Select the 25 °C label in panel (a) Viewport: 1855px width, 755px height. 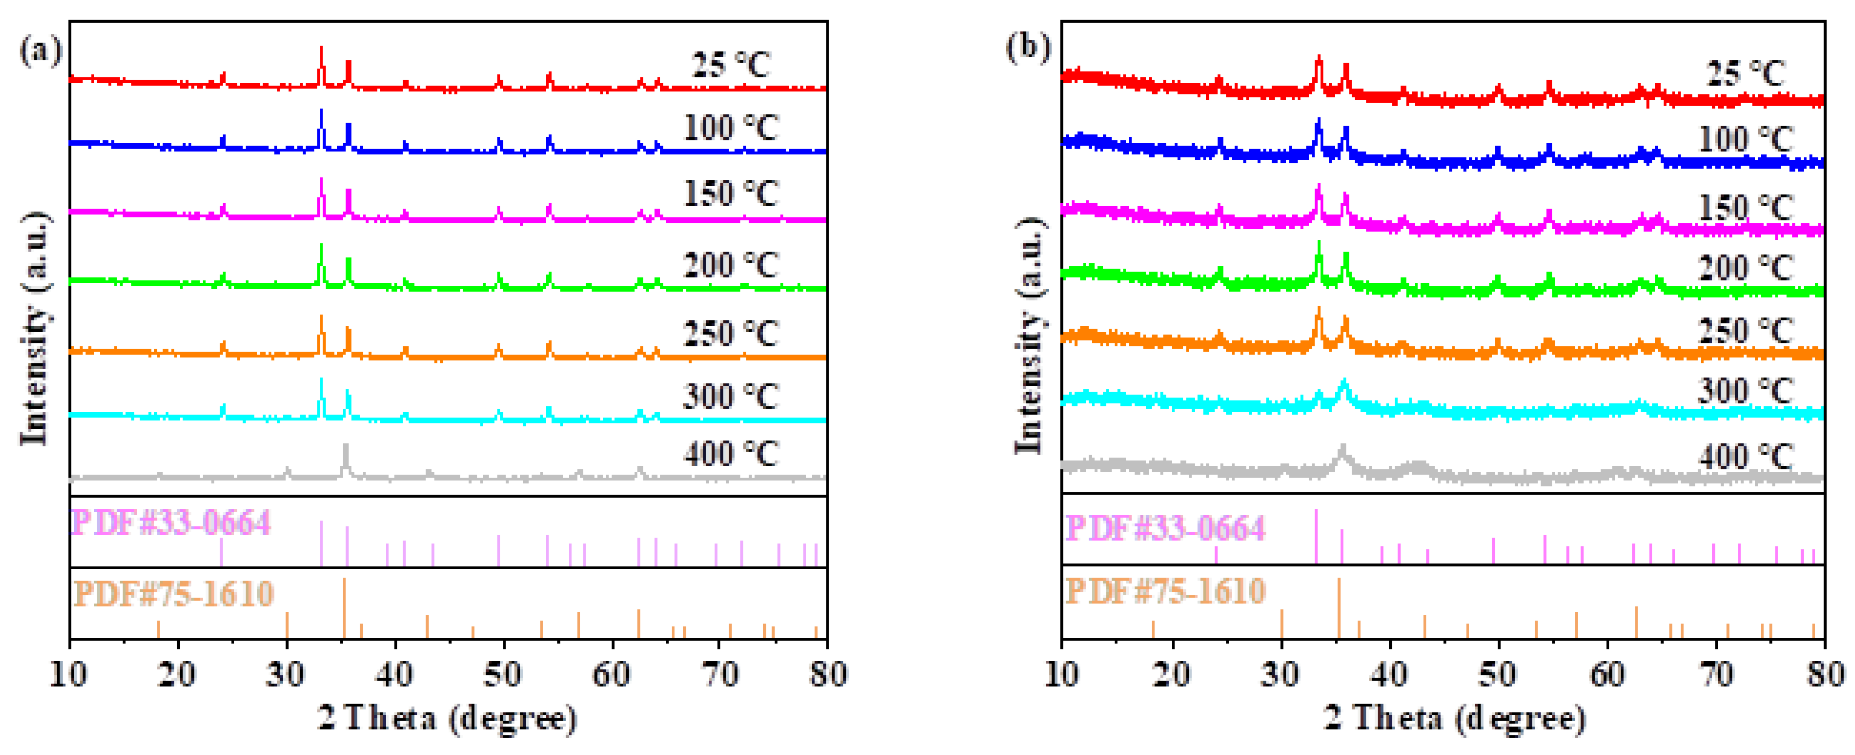tap(730, 65)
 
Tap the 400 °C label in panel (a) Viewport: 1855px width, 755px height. tap(730, 454)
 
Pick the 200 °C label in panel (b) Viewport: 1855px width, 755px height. tap(1745, 268)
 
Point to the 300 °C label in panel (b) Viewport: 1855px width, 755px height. tap(1745, 391)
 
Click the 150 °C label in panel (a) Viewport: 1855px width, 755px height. tap(730, 193)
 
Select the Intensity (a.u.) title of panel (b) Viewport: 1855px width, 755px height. tap(1029, 335)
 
